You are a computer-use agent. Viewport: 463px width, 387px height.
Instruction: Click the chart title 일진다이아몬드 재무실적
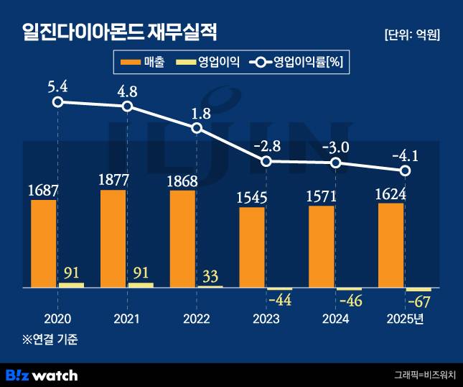[x=119, y=32]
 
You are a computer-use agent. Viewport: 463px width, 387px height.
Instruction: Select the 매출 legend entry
[x=144, y=63]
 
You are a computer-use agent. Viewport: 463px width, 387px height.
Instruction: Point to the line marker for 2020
[x=57, y=102]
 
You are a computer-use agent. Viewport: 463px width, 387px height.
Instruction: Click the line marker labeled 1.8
[x=197, y=128]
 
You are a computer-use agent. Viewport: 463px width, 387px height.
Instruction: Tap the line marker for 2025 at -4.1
[x=405, y=171]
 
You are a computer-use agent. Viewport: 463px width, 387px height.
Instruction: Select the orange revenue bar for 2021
[x=113, y=239]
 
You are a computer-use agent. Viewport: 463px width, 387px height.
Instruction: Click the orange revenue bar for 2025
[x=390, y=245]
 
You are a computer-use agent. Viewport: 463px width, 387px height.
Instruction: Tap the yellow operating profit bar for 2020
[x=71, y=285]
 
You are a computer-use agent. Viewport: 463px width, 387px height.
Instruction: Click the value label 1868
[x=182, y=182]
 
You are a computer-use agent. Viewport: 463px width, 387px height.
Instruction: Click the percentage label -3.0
[x=335, y=147]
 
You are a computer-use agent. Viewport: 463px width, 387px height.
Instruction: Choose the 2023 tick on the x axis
[x=266, y=318]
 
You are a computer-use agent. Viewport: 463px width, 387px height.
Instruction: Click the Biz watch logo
[x=42, y=375]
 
